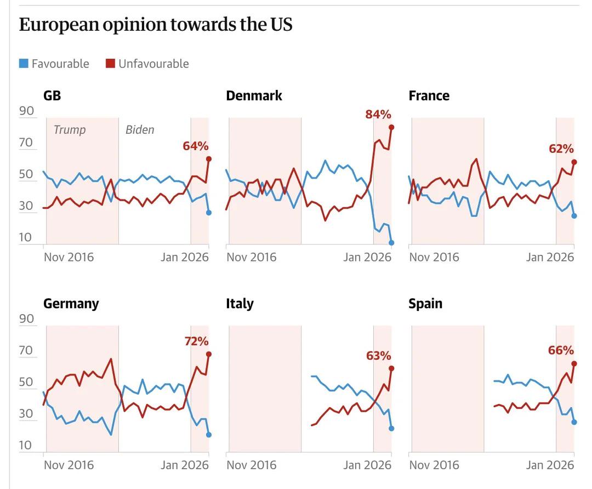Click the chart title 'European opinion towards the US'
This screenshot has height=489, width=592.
coord(155,25)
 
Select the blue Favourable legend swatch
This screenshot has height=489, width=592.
coord(24,64)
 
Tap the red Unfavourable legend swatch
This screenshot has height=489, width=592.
coord(110,64)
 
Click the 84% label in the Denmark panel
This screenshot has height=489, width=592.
coord(378,114)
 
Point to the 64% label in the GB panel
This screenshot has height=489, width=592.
coord(196,146)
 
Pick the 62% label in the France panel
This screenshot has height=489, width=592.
coord(561,149)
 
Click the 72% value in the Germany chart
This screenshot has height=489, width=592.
coord(196,341)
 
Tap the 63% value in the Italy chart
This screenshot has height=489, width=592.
coord(378,355)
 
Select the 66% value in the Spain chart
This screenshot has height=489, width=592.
coord(561,350)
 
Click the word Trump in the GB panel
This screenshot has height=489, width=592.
coord(70,130)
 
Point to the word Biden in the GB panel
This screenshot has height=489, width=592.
coord(140,130)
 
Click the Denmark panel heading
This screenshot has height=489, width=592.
coord(254,95)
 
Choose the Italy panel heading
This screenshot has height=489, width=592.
coord(240,304)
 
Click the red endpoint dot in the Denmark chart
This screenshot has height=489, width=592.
coord(391,127)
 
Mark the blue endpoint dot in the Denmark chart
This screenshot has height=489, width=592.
coord(391,242)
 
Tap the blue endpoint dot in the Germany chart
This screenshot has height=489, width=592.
coord(209,435)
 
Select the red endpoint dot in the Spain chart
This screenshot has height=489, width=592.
coord(574,363)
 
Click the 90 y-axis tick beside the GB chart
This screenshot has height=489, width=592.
coord(27,111)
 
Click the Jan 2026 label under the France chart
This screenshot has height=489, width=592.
coord(550,257)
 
